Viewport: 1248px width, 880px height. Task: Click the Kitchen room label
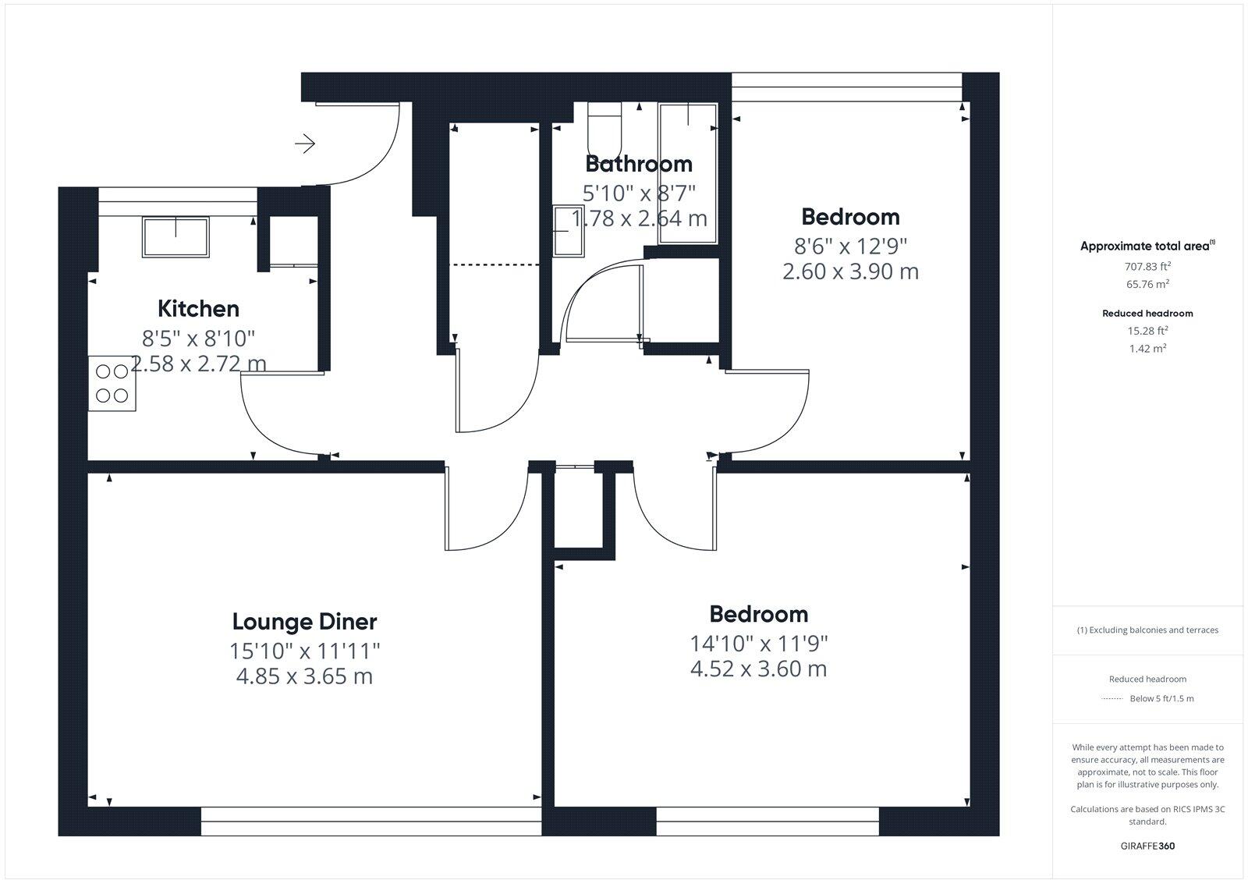pyautogui.click(x=198, y=309)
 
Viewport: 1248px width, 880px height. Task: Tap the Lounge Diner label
pyautogui.click(x=304, y=622)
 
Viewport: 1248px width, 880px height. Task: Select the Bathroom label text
pyautogui.click(x=638, y=164)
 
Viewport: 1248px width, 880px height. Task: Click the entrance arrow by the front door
pyautogui.click(x=305, y=144)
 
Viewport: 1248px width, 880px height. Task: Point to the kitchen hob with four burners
pyautogui.click(x=112, y=383)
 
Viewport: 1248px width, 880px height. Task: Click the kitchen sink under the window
pyautogui.click(x=175, y=237)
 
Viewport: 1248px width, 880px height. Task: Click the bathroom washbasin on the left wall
pyautogui.click(x=568, y=231)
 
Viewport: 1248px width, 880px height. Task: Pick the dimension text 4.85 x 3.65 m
pyautogui.click(x=304, y=676)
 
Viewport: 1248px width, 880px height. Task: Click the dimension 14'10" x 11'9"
pyautogui.click(x=758, y=644)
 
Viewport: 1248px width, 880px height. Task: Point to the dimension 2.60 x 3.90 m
pyautogui.click(x=850, y=271)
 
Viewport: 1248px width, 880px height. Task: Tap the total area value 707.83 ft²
pyautogui.click(x=1147, y=266)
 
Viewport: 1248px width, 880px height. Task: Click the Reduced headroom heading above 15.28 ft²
pyautogui.click(x=1147, y=314)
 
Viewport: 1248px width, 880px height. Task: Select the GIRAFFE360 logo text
pyautogui.click(x=1147, y=846)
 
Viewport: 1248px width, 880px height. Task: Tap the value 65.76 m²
pyautogui.click(x=1147, y=284)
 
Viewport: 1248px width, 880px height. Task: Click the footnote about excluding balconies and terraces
pyautogui.click(x=1147, y=630)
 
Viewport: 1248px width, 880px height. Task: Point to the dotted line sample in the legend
pyautogui.click(x=1111, y=699)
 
